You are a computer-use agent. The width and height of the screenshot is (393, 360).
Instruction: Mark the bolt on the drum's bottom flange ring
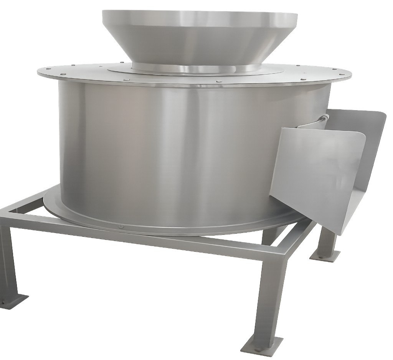[122, 227]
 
